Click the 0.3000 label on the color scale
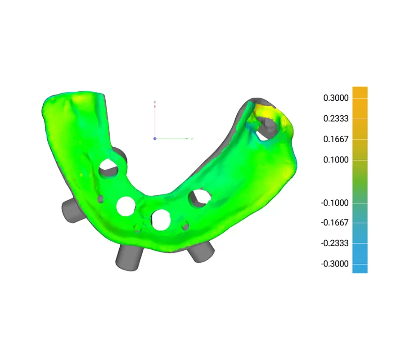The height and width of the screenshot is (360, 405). pos(336,98)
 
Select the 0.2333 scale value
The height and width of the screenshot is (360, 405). pos(336,119)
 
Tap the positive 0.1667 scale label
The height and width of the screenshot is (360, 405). pos(336,139)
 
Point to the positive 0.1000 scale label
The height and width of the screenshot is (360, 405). pos(336,160)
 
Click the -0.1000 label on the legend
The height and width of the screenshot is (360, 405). pos(335,203)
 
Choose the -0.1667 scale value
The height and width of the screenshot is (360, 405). pos(335,223)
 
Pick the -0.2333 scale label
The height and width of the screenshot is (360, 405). pos(335,243)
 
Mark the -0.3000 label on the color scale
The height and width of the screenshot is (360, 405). pos(335,264)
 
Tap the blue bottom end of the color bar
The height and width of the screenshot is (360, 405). pos(360,269)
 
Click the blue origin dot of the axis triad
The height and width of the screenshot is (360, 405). pos(155,139)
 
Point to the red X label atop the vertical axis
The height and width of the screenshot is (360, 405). pos(155,103)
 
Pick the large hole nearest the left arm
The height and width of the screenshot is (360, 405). pos(108,168)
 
